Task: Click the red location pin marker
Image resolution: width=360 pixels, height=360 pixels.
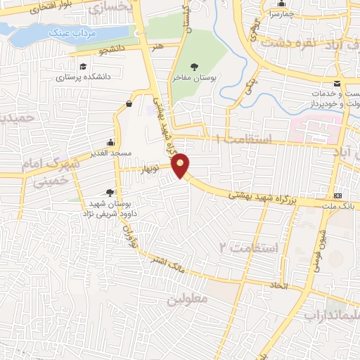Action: tap(181, 165)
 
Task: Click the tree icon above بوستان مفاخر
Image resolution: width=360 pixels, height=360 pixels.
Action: tap(194, 67)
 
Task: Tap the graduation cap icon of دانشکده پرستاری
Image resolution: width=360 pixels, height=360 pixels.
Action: tap(84, 66)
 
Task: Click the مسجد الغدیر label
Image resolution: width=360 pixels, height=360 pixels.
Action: tap(110, 153)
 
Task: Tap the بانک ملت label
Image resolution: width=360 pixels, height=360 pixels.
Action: tap(340, 205)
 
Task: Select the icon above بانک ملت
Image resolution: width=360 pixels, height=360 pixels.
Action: tap(339, 195)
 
